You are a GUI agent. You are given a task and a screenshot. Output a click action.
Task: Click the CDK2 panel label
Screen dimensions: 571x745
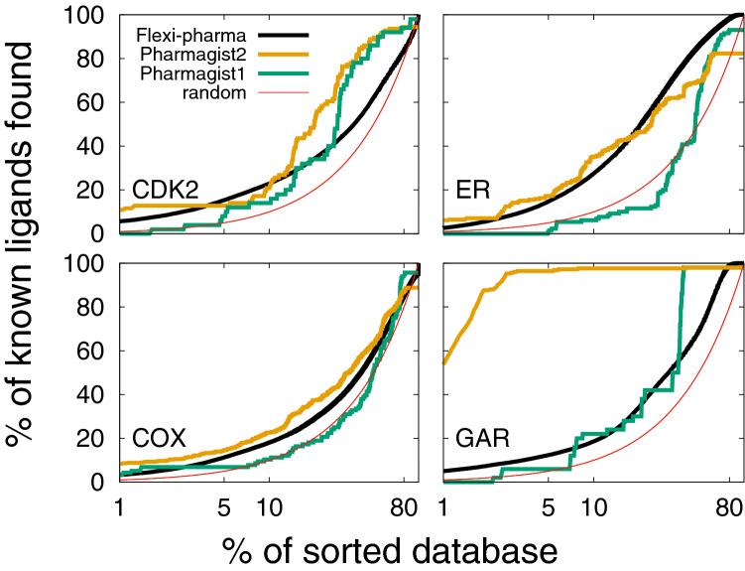click(x=162, y=190)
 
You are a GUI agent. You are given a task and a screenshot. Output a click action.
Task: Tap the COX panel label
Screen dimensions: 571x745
click(x=158, y=438)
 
